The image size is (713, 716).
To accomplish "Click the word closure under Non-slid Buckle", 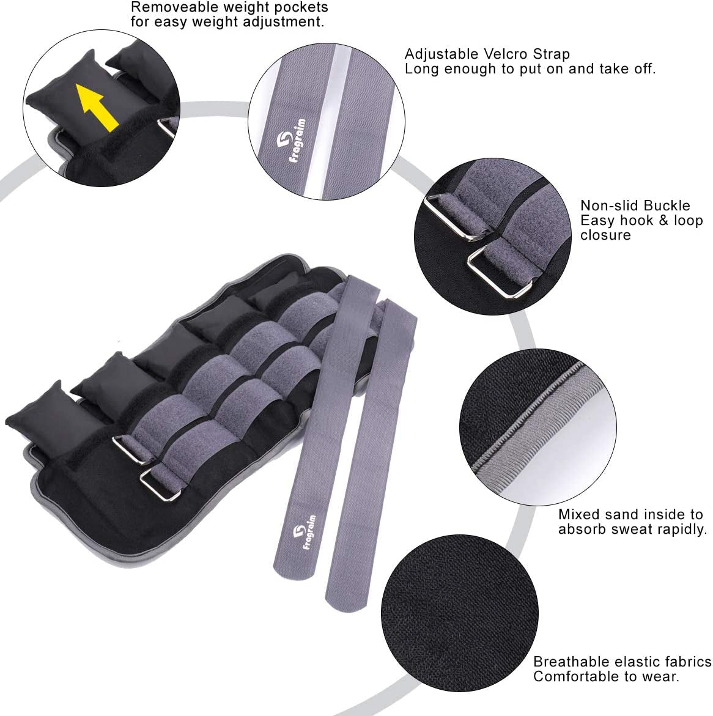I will pyautogui.click(x=605, y=235).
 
